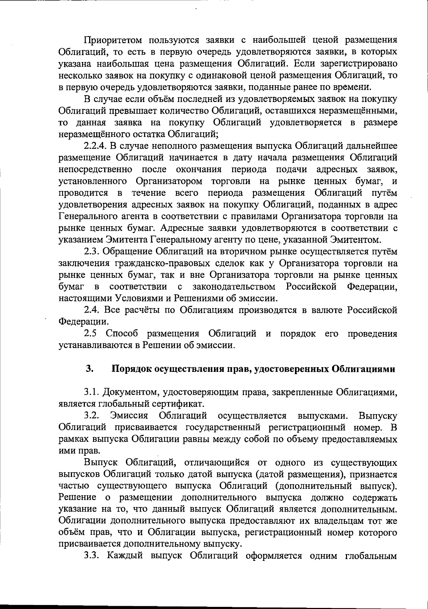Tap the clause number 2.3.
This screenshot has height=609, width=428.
point(91,252)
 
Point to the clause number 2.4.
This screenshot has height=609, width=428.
point(91,310)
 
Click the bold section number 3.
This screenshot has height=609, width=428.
point(89,369)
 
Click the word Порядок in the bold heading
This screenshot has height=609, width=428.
point(131,369)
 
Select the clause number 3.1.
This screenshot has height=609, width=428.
point(91,393)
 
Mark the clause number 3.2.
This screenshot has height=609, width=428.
point(91,416)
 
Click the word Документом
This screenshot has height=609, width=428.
point(131,393)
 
